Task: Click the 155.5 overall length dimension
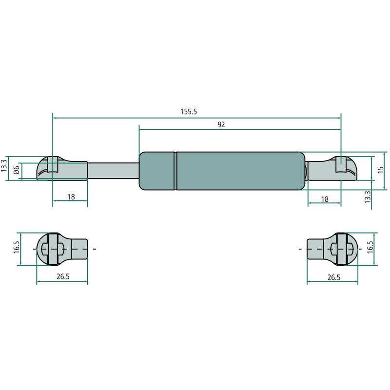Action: click(x=189, y=112)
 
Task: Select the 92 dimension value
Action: click(x=221, y=124)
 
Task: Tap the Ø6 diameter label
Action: click(x=17, y=170)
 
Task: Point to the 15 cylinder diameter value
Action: click(x=380, y=170)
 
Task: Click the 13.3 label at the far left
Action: click(x=4, y=166)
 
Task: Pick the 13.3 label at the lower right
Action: click(x=368, y=197)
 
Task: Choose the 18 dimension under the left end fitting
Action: click(x=71, y=197)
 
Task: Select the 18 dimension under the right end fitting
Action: click(x=325, y=199)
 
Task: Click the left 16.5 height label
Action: click(x=17, y=247)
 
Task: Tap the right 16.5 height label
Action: click(x=370, y=247)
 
